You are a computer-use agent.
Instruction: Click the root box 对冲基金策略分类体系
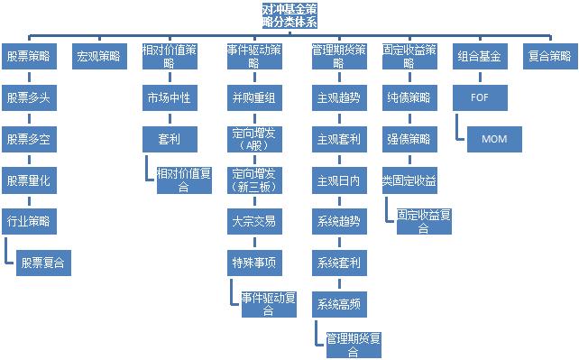[x=289, y=14]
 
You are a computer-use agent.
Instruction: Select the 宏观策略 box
[x=98, y=56]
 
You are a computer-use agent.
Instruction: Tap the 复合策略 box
[x=548, y=56]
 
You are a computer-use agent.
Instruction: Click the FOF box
[x=479, y=96]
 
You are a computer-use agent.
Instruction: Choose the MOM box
[x=494, y=138]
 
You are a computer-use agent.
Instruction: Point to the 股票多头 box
[x=29, y=96]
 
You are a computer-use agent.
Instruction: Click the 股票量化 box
[x=29, y=180]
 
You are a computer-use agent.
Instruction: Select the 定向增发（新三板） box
[x=253, y=180]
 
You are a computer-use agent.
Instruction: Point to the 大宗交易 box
[x=253, y=221]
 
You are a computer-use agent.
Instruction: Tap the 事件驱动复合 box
[x=268, y=303]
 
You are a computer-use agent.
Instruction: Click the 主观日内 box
[x=339, y=180]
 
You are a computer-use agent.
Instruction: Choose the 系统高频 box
[x=339, y=304]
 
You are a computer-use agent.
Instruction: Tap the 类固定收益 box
[x=409, y=180]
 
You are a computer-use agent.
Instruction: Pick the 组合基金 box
[x=479, y=56]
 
